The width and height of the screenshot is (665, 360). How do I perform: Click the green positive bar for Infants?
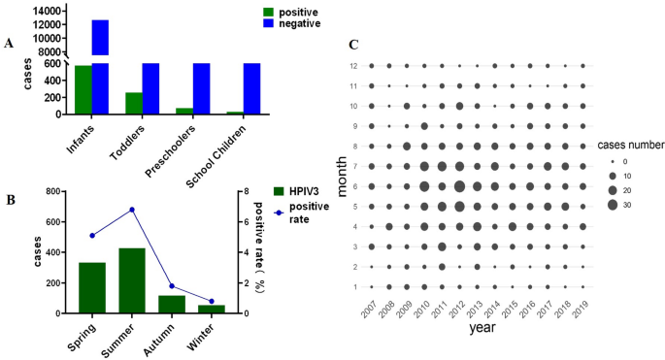pyautogui.click(x=83, y=89)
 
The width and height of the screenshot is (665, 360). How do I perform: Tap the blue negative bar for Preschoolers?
pyautogui.click(x=201, y=88)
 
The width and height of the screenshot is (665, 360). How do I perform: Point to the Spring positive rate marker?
pyautogui.click(x=92, y=235)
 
